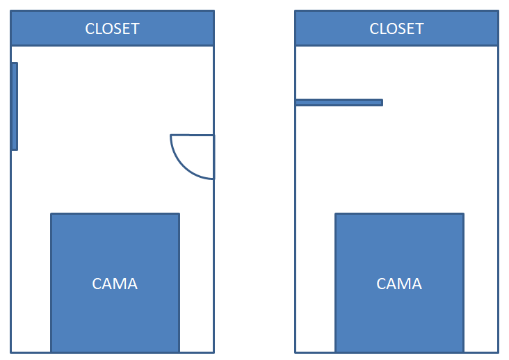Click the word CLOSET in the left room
coord(112,28)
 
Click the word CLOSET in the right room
coord(396,28)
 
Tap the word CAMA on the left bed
coord(115,284)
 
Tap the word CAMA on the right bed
coord(399,284)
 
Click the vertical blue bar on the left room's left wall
coord(15,106)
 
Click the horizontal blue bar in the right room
coord(339,102)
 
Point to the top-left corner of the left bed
coord(51,214)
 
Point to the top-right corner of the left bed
coord(179,214)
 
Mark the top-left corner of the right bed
coord(336,214)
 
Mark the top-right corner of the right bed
coord(463,214)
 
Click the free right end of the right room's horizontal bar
coord(382,102)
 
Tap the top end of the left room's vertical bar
coord(15,64)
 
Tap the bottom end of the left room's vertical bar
coord(15,148)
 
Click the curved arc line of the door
coord(183,165)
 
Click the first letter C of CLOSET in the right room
coord(374,28)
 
